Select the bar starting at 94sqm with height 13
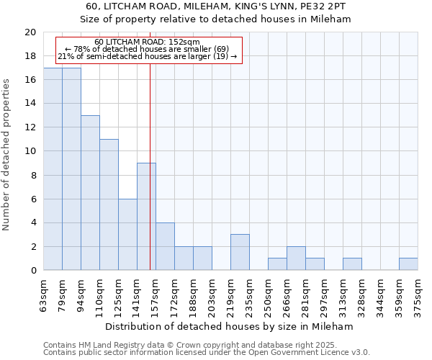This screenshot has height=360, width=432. coord(90,193)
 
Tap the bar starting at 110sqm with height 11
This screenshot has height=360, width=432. coord(109,204)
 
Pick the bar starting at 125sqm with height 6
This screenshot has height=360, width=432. coord(127,235)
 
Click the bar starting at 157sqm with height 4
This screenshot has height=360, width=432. coord(165,246)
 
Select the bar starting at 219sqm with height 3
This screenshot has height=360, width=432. coord(240,252)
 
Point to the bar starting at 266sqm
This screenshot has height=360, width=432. coord(296,258)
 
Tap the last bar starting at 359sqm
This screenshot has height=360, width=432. coord(408,264)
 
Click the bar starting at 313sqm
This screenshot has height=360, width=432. coord(352,264)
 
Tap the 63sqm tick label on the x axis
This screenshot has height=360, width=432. coord(44,294)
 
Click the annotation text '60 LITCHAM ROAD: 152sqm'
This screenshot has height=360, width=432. coord(147,42)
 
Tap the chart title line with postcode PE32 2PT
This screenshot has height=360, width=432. coord(216,6)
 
